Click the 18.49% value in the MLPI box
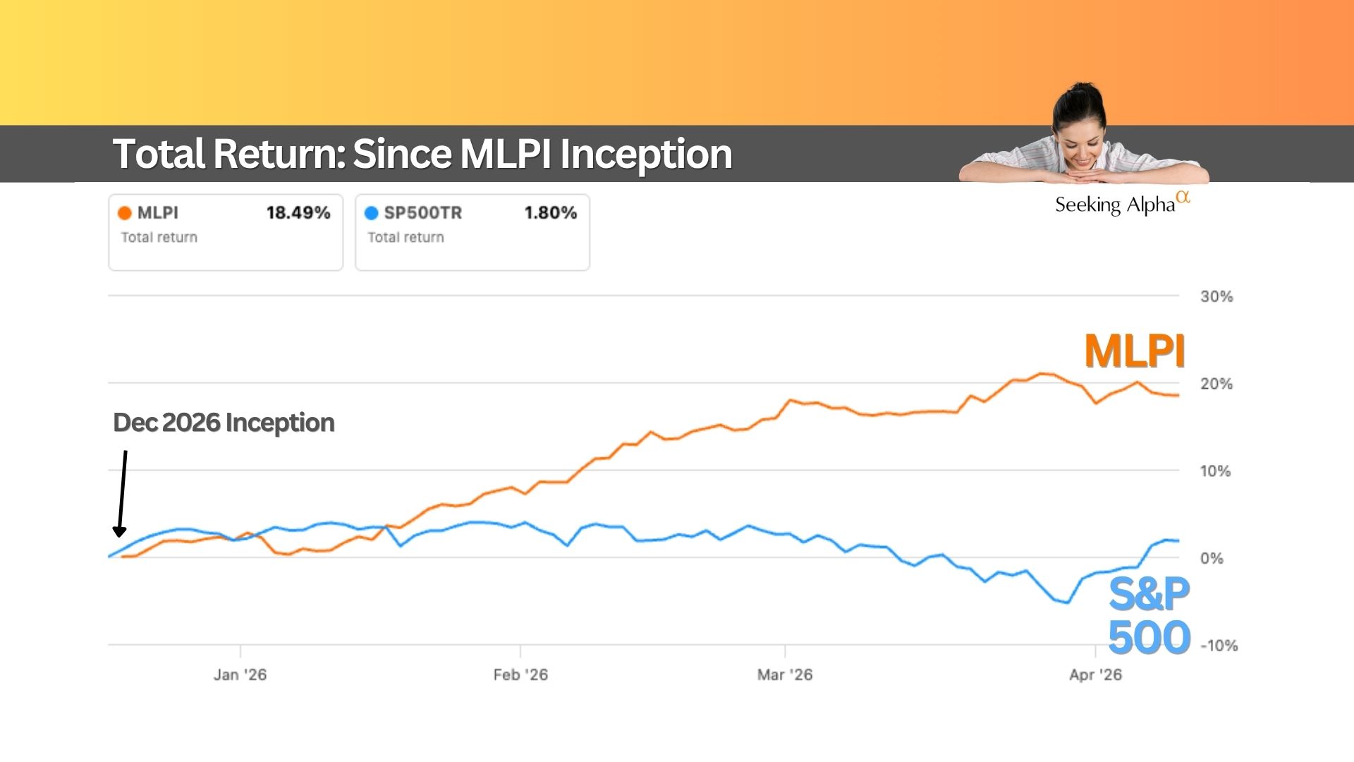[298, 212]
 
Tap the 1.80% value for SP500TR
[550, 212]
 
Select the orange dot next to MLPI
[125, 213]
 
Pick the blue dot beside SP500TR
[372, 213]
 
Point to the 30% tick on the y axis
[1216, 296]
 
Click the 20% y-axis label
[1216, 384]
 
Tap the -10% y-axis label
[1219, 646]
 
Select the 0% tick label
[1212, 558]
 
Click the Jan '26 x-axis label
[240, 675]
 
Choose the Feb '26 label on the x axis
[520, 675]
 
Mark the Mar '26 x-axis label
[785, 675]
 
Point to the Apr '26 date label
[1095, 675]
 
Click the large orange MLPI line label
[1134, 351]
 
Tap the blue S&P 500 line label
[1149, 615]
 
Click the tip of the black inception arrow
[119, 535]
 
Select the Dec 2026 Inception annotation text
[224, 423]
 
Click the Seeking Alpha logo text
[1116, 205]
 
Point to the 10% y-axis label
[1215, 471]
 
